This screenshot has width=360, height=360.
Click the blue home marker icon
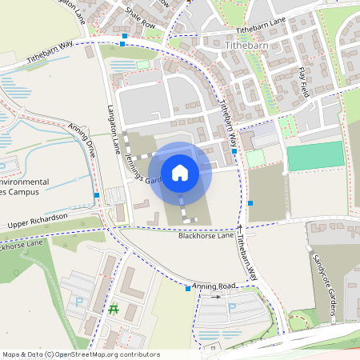180,172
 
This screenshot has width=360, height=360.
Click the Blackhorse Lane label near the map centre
206,235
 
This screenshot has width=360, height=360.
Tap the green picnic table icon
113,309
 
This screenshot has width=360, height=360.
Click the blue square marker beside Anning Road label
188,289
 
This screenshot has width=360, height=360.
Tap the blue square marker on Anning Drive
97,195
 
